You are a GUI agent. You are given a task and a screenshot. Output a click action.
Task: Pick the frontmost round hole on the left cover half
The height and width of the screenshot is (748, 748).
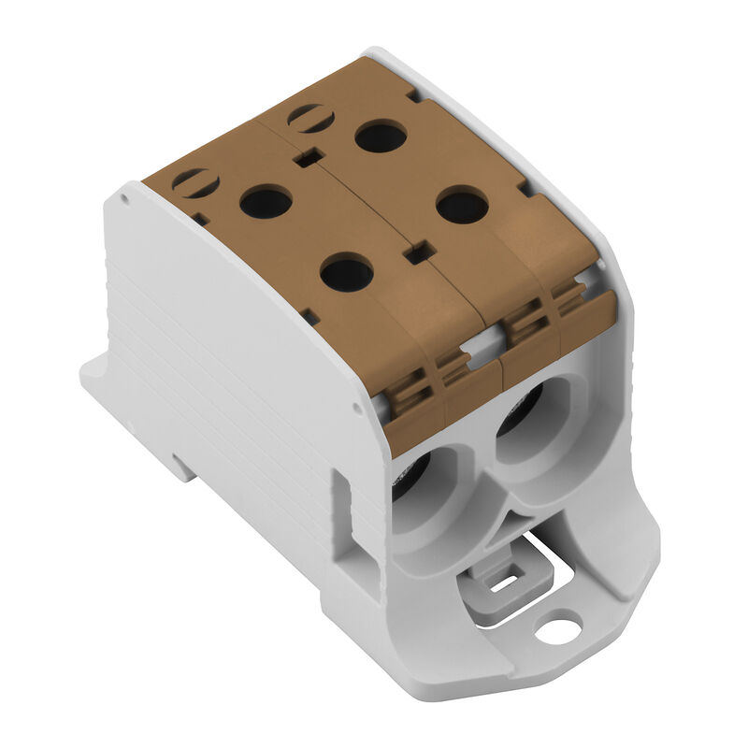click(346, 273)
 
